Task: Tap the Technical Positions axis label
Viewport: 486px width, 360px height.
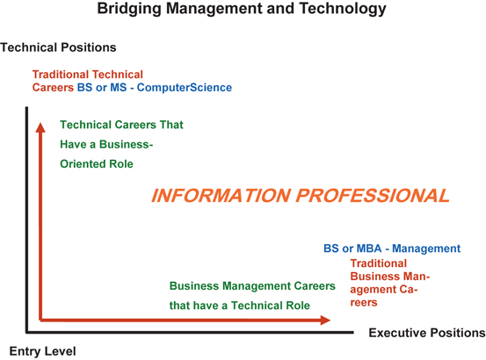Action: [x=58, y=47]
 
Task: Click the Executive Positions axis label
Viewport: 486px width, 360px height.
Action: [x=427, y=333]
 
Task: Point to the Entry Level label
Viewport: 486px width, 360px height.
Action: [x=43, y=351]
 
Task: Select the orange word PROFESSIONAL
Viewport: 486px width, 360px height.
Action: [x=373, y=196]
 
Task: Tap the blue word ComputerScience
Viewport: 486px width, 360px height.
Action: [x=185, y=88]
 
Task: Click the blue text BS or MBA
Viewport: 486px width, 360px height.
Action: [x=352, y=248]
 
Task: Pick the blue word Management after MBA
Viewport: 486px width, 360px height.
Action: [x=426, y=248]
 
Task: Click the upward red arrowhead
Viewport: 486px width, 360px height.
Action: [x=40, y=127]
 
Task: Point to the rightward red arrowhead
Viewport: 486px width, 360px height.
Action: [x=325, y=320]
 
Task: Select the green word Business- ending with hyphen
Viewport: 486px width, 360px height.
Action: [x=127, y=144]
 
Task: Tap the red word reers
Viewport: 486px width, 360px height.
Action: [x=364, y=302]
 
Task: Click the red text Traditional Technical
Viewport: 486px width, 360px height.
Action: [x=88, y=75]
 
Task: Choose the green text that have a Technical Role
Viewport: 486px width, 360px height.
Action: [x=240, y=306]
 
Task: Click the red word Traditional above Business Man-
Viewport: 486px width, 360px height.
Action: [x=379, y=263]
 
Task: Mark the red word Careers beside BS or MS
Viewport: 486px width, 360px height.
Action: [x=53, y=88]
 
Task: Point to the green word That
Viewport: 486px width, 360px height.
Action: [x=171, y=125]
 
